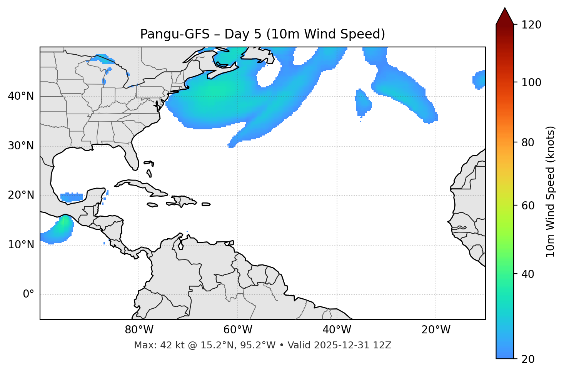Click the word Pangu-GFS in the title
[175, 34]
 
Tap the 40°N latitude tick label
[21, 96]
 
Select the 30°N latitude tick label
[21, 146]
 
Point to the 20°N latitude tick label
[21, 195]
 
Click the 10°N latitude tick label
[21, 245]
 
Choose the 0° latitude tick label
[28, 294]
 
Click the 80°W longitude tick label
[139, 330]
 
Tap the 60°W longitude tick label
[238, 330]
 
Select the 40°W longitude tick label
[337, 330]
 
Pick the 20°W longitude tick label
[436, 330]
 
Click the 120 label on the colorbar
[531, 25]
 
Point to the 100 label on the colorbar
[531, 82]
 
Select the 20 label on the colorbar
[528, 359]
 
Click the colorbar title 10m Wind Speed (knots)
[551, 192]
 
